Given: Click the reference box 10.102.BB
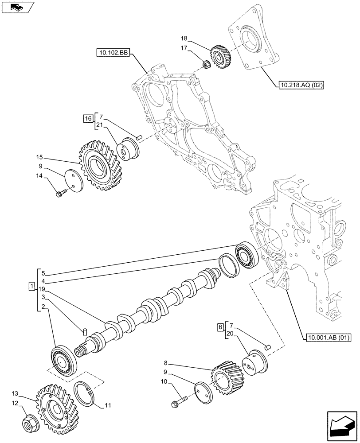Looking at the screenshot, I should (x=112, y=54).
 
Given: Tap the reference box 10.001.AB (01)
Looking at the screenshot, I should (x=328, y=338).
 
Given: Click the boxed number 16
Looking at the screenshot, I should (x=87, y=118).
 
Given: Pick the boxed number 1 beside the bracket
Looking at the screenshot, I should (x=31, y=287).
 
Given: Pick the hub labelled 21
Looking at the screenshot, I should (x=127, y=150).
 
